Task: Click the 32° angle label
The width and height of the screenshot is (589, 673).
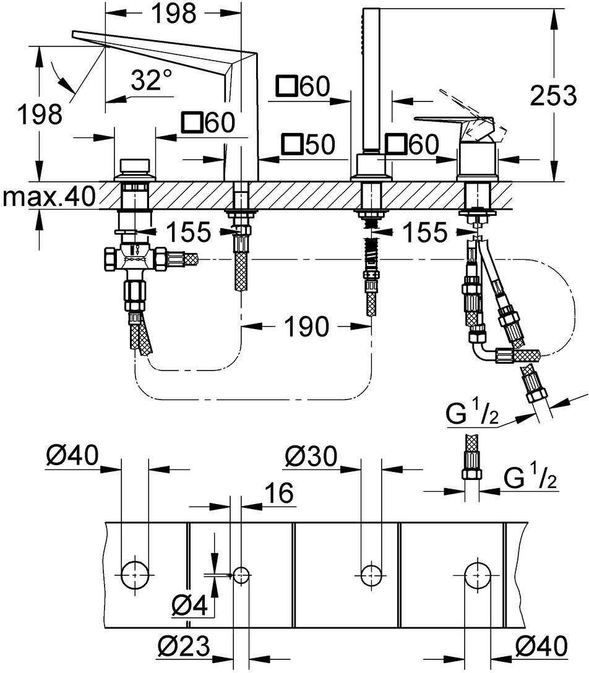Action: pos(145,80)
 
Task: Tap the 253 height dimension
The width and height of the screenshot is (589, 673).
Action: pos(553,95)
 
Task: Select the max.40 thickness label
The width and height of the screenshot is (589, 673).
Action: pos(48,197)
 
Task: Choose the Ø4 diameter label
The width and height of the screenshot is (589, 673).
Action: pos(189,606)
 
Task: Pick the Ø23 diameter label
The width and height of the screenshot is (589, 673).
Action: pos(183,645)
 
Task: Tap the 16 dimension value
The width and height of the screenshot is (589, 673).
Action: pos(279,492)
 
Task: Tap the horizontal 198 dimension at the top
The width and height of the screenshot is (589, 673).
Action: pos(173,14)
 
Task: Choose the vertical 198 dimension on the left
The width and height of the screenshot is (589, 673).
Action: pos(40,114)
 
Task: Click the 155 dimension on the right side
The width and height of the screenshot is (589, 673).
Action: pos(424,233)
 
